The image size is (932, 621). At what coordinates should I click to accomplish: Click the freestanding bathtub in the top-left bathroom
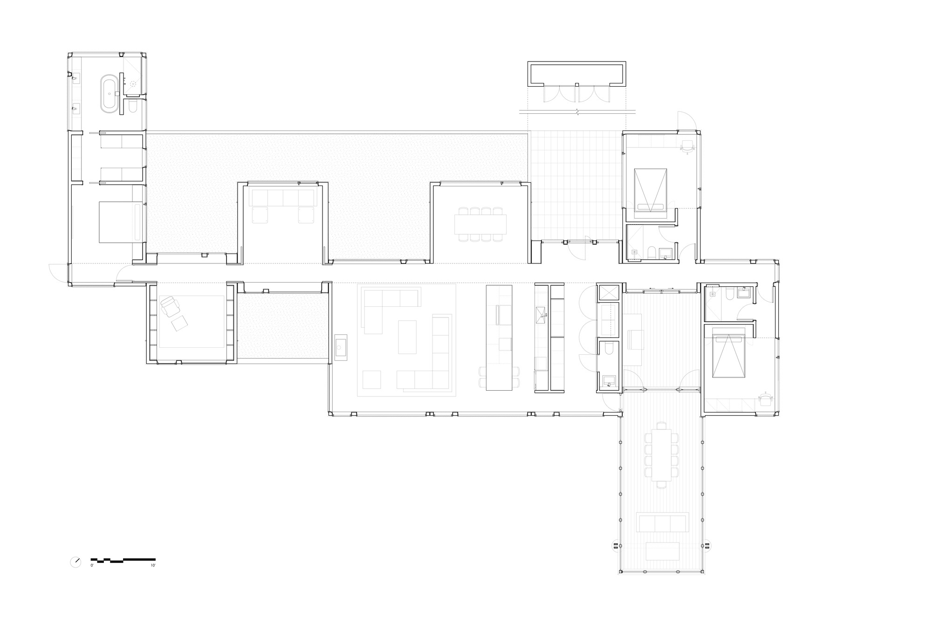pyautogui.click(x=110, y=94)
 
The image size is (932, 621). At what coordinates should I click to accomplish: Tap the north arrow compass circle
pyautogui.click(x=75, y=562)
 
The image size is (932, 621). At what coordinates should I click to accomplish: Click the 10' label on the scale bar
pyautogui.click(x=153, y=566)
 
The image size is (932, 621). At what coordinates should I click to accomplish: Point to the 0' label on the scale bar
pyautogui.click(x=92, y=566)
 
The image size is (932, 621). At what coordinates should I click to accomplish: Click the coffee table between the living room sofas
pyautogui.click(x=407, y=337)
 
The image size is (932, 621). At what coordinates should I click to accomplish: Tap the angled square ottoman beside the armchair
pyautogui.click(x=178, y=324)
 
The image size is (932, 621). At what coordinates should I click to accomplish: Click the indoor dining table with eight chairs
pyautogui.click(x=480, y=224)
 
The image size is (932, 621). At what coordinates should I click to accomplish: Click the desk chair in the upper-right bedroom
pyautogui.click(x=687, y=146)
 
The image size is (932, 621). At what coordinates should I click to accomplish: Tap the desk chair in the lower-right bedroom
pyautogui.click(x=765, y=399)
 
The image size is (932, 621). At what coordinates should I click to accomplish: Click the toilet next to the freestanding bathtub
pyautogui.click(x=132, y=108)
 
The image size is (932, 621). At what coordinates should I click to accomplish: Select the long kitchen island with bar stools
pyautogui.click(x=499, y=338)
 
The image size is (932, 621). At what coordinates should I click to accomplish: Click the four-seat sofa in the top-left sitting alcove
pyautogui.click(x=283, y=198)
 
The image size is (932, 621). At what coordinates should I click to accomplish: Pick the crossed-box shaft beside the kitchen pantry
pyautogui.click(x=608, y=293)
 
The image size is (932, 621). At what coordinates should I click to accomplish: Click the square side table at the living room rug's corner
pyautogui.click(x=371, y=379)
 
